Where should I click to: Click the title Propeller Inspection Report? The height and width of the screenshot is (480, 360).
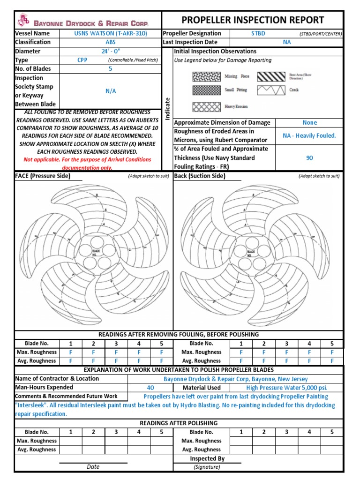[x=253, y=20]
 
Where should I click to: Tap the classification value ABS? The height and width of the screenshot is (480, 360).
[x=110, y=42]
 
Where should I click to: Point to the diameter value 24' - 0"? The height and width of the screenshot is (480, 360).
[x=110, y=51]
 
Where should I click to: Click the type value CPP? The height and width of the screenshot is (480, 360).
[x=82, y=60]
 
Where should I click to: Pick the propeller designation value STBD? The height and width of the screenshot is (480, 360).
[x=259, y=34]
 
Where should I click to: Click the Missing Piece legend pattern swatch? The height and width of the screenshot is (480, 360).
[x=207, y=76]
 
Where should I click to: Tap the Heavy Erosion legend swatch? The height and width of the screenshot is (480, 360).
[x=207, y=106]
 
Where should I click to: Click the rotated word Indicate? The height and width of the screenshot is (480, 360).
[x=167, y=108]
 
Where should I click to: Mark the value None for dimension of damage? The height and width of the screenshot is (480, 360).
[x=309, y=122]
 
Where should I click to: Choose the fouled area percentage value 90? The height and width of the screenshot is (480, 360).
[x=309, y=158]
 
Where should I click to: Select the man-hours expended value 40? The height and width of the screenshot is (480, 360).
[x=150, y=388]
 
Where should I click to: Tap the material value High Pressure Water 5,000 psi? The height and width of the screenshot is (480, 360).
[x=286, y=388]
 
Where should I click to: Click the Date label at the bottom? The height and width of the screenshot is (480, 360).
[x=93, y=467]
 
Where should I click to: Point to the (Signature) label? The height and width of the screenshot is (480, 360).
[x=207, y=467]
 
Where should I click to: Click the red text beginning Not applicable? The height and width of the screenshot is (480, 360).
[x=88, y=164]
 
